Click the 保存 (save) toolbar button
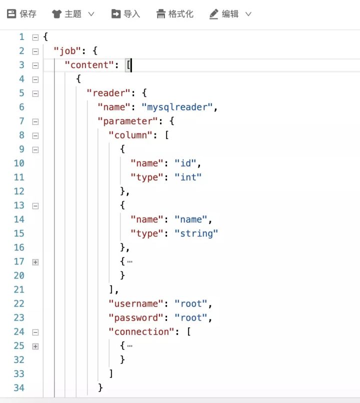22,14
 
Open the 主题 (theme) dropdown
73,14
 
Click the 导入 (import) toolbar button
125,14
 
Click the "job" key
66,51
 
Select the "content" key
89,65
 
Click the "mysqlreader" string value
178,107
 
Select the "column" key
128,135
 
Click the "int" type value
188,177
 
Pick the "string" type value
196,233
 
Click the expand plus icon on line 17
35,261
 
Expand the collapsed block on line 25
35,346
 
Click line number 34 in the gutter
19,387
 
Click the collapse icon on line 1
35,37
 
